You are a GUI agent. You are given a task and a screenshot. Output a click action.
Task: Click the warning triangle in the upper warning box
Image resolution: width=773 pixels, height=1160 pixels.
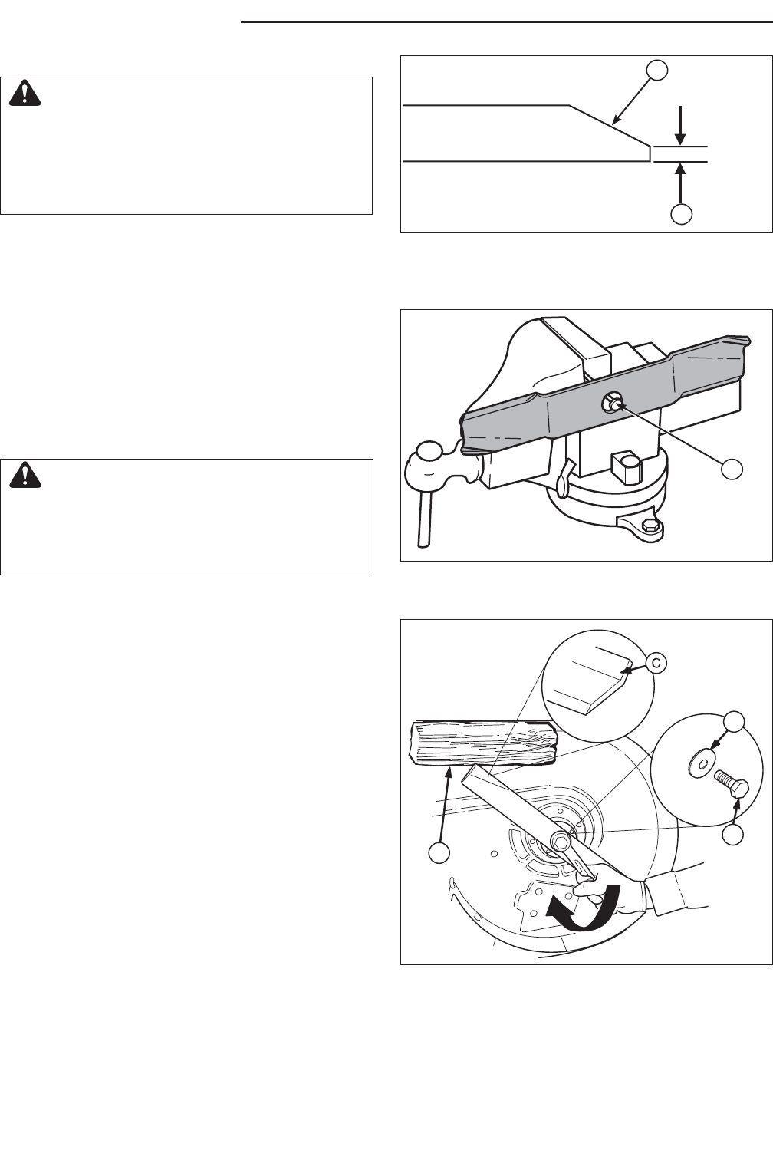tap(25, 94)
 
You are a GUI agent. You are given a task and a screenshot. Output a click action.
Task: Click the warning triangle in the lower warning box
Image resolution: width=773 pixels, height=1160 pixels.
tap(25, 475)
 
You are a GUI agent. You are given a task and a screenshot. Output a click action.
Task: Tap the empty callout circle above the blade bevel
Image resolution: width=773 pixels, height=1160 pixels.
tap(657, 70)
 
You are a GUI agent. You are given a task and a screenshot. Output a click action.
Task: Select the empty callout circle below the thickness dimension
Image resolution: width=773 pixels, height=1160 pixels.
tap(681, 213)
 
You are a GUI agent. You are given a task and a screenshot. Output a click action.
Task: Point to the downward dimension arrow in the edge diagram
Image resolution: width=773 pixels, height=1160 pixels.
tap(681, 125)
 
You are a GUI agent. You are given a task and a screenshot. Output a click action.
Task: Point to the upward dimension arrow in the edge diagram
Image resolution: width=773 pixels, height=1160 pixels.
tap(681, 182)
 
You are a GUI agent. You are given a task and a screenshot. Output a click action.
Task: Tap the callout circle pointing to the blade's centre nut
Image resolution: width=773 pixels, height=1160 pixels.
tap(732, 470)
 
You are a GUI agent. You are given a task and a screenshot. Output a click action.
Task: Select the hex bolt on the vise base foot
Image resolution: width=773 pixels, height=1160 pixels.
tap(650, 526)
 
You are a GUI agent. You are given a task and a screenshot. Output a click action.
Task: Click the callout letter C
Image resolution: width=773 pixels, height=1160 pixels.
tap(656, 662)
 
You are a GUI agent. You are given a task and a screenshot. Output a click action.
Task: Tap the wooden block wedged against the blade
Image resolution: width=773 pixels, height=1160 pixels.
tap(484, 743)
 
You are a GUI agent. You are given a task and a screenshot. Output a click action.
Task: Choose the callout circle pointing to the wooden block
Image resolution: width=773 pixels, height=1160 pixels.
tap(439, 853)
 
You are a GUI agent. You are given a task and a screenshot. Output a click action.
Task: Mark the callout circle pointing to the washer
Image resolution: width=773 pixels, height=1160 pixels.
tap(734, 722)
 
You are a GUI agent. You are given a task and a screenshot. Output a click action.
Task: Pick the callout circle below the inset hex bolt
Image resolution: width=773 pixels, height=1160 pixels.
tap(733, 835)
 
